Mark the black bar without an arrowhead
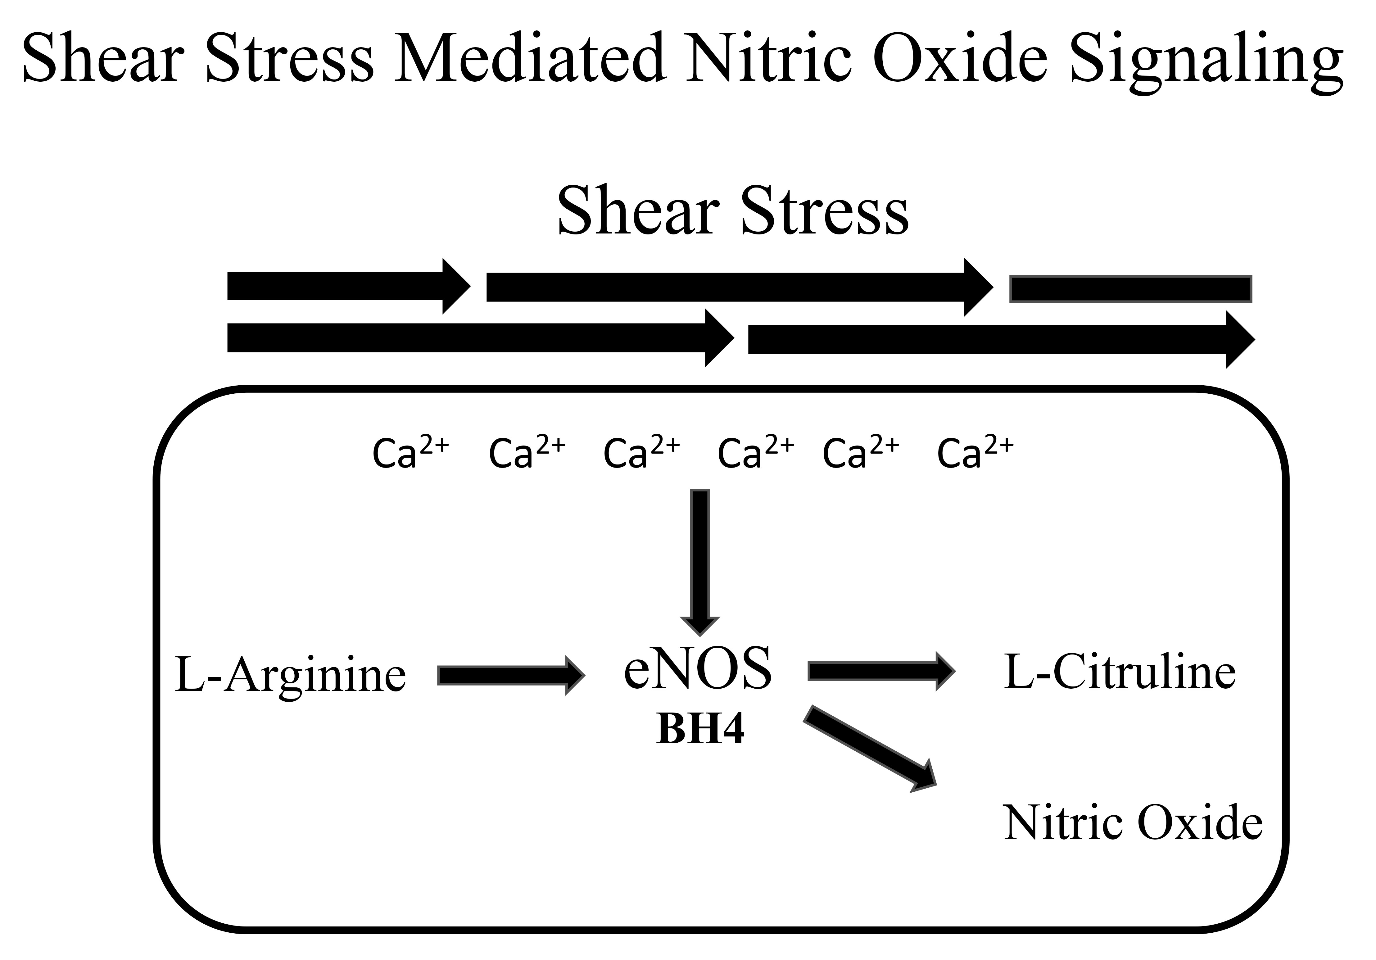[x=1130, y=289]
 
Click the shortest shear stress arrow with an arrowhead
[x=348, y=287]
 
